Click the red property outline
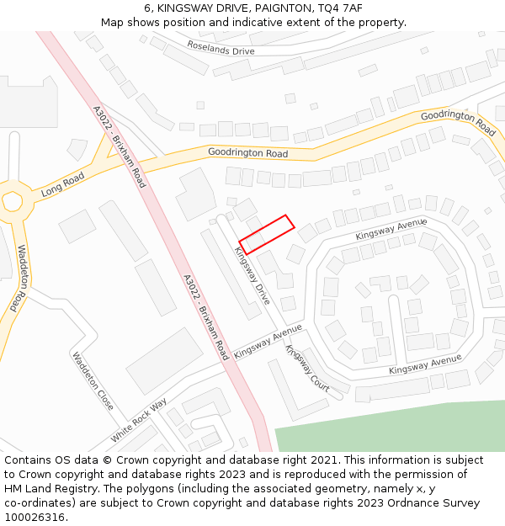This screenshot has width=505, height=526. tap(267, 234)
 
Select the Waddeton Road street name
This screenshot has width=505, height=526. tap(19, 279)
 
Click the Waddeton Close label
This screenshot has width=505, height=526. tap(93, 380)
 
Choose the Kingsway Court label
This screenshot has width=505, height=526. tap(307, 368)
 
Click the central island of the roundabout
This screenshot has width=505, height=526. tap(12, 202)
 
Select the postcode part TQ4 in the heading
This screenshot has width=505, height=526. tap(331, 8)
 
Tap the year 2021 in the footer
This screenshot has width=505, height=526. tap(324, 460)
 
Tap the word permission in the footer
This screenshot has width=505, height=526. tap(440, 475)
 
